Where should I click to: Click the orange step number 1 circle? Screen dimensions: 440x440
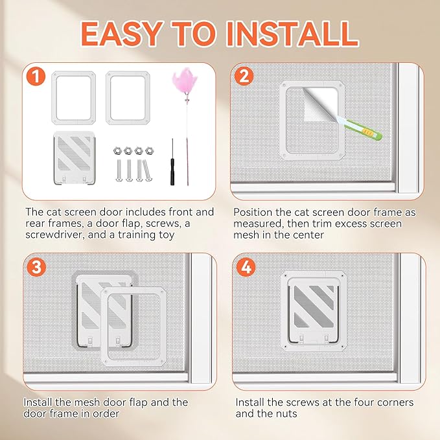pos(36,76)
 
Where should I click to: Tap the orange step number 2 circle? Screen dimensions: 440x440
pos(244,76)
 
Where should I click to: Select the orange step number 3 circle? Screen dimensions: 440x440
pos(36,267)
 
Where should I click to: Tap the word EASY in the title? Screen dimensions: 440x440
pos(122,34)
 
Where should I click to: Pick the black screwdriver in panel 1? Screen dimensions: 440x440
pos(172,162)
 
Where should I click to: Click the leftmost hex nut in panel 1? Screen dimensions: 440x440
pos(117,151)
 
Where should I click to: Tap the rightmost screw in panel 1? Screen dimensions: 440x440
pos(147,170)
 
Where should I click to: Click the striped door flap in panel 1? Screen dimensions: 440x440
pos(74,158)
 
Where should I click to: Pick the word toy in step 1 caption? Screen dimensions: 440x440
pos(166,235)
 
